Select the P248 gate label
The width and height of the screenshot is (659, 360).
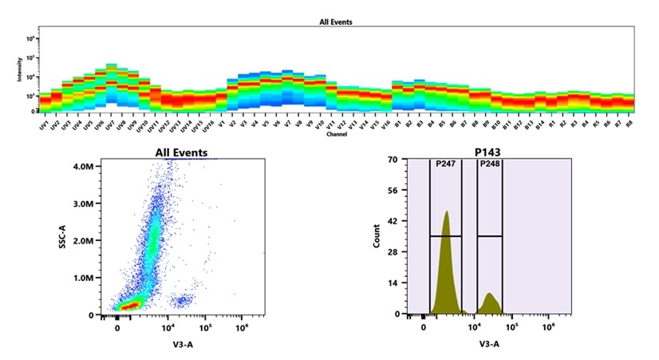coord(488,164)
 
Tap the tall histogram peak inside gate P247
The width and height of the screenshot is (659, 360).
coord(447,216)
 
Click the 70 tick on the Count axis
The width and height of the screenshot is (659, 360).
coord(393,160)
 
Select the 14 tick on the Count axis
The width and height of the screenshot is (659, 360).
coord(393,283)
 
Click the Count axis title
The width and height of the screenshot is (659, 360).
coord(377,237)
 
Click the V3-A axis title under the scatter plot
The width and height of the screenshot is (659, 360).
coord(183,344)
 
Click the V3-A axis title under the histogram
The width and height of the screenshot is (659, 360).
coord(489,344)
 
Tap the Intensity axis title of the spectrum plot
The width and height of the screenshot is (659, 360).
coord(19,74)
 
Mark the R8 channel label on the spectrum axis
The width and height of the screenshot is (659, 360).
coord(629,125)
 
